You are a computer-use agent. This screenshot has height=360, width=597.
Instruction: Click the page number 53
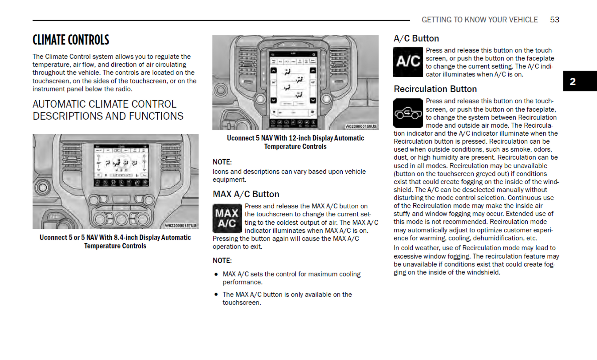554,20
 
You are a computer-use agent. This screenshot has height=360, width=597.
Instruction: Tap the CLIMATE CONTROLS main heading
71,40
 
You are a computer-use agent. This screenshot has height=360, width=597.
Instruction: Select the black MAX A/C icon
227,218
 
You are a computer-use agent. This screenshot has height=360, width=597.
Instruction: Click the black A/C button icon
408,62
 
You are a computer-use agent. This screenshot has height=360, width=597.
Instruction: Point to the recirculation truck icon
408,113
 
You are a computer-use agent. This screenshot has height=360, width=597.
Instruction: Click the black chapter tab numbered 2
580,81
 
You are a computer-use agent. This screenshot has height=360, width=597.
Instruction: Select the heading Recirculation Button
435,89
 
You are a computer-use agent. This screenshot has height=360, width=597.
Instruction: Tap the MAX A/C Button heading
246,194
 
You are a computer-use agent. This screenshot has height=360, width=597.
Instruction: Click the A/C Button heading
416,38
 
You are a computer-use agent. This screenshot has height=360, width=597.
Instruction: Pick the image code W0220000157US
180,226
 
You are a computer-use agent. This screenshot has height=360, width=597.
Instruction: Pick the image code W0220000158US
360,126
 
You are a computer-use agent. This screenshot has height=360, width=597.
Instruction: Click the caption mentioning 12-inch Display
295,142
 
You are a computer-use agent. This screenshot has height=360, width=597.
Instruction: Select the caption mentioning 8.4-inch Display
115,242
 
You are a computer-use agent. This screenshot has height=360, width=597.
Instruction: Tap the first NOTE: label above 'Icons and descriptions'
222,162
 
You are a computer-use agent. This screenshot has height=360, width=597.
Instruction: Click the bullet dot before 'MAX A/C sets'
216,274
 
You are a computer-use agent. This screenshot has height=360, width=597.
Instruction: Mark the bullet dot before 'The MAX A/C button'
216,294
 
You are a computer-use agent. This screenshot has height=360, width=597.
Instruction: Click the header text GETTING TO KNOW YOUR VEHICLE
480,20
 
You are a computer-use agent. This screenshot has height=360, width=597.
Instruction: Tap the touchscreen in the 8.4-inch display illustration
121,165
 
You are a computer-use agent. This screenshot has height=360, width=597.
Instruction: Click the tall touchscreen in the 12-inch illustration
293,89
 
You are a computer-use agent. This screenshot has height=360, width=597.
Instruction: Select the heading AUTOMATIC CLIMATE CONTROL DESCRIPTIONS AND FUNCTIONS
108,110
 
